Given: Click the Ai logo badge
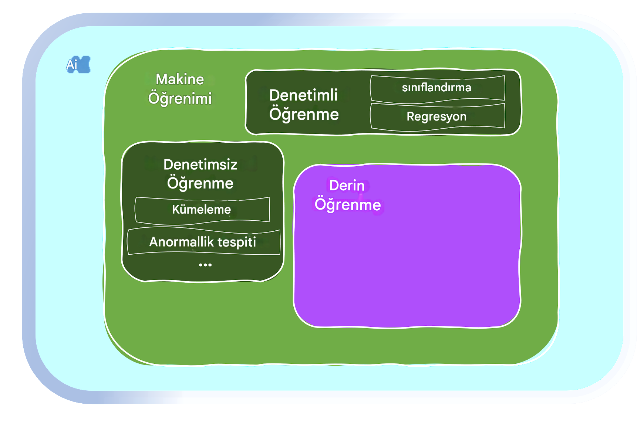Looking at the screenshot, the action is [x=78, y=65].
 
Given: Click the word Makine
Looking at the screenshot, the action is [x=180, y=79].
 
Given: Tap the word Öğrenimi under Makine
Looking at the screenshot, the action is [x=180, y=98].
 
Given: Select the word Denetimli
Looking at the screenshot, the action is [x=303, y=95].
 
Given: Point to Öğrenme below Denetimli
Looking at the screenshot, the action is [x=304, y=114].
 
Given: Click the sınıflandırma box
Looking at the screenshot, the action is [x=438, y=88].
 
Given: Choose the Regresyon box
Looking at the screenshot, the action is [x=438, y=116].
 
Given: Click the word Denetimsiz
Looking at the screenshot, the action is [x=200, y=164].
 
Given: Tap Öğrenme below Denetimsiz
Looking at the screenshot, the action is [x=200, y=183].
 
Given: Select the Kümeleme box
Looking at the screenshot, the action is [x=202, y=210].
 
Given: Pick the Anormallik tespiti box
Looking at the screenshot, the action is [x=203, y=242].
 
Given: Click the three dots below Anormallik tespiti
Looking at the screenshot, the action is [x=205, y=265].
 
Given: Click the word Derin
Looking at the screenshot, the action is [x=347, y=185].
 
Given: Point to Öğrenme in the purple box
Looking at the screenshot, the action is [x=347, y=204].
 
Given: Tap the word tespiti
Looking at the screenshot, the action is [x=237, y=242].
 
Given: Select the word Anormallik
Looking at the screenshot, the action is [x=182, y=242].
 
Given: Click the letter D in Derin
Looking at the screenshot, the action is [x=334, y=186].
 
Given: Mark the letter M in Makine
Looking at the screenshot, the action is [x=162, y=79].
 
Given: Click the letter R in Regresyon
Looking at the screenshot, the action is [x=411, y=116].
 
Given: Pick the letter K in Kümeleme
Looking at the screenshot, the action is [x=176, y=210].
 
